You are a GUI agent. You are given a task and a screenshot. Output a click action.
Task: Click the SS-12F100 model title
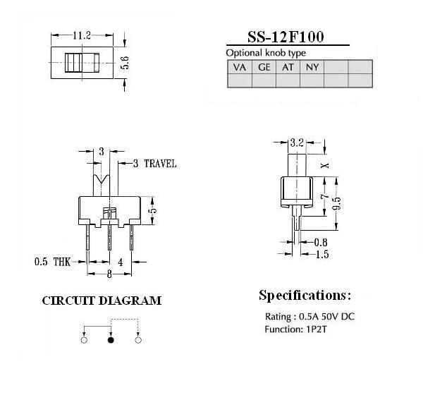[x=286, y=37]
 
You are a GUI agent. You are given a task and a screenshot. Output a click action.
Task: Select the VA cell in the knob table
[x=240, y=67]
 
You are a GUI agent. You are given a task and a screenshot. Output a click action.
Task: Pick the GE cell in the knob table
[x=264, y=67]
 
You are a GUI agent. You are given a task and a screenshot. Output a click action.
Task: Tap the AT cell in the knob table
[x=288, y=67]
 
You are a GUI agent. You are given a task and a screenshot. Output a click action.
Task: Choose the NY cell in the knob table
[x=312, y=67]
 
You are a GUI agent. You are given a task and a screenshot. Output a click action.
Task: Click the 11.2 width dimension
[x=82, y=35]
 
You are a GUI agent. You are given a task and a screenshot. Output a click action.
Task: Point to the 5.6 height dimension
[x=125, y=63]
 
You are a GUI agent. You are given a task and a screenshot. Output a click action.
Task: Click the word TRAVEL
[x=160, y=164]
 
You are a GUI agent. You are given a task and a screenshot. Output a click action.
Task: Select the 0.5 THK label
[x=52, y=262]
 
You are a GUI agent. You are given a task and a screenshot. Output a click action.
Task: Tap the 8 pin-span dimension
[x=109, y=274]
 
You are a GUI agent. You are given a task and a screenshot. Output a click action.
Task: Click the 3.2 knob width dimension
[x=297, y=143]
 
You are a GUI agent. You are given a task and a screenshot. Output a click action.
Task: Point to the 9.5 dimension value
[x=336, y=203]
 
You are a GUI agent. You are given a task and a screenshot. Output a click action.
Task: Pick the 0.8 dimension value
[x=321, y=243]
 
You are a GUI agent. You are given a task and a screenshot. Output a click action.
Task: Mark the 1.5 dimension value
[x=322, y=254]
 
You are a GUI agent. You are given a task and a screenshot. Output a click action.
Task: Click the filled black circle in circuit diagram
[x=111, y=340]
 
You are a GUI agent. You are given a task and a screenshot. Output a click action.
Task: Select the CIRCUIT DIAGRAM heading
[x=102, y=301]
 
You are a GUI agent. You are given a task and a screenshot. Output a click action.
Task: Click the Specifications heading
[x=305, y=296]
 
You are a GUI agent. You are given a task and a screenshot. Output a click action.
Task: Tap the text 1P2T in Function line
[x=317, y=329]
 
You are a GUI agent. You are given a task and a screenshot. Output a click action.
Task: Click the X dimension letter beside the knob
[x=325, y=166]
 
